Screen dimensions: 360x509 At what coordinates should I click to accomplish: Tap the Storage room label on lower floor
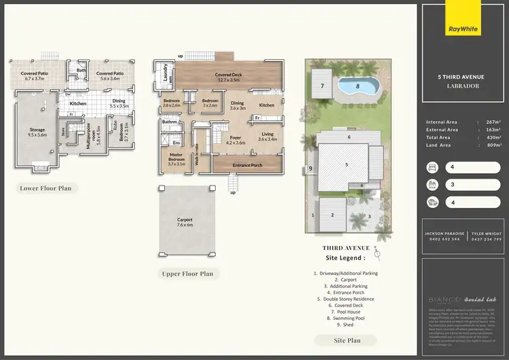coord(37,132)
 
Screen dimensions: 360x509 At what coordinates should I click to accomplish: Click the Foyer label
coord(225,141)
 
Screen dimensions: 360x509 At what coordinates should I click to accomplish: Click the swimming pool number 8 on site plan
coord(358,86)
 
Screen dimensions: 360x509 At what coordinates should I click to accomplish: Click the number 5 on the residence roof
coord(346,164)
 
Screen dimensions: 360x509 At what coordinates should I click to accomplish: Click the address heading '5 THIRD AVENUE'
coord(459,77)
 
